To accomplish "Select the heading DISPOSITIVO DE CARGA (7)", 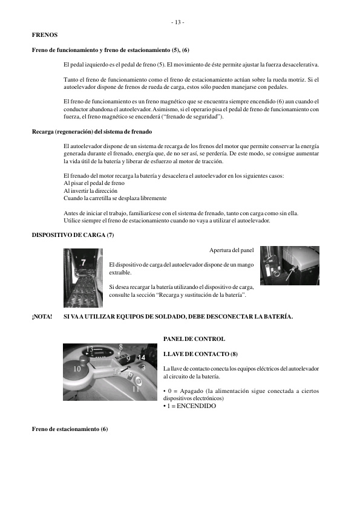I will coord(73,235).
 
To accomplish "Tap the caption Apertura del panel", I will coord(231,250).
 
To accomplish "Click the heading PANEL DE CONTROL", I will coord(194,339).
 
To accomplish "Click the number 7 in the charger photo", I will coord(83,262).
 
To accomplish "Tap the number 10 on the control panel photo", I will coord(77,368).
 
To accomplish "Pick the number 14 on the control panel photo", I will coord(142,357).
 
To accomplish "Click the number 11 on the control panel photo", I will coord(136,389).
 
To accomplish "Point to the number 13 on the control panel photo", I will coord(90,349).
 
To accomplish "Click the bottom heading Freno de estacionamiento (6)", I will coord(70,429).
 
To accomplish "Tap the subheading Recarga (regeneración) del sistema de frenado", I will coord(91,131).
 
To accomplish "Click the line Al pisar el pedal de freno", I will coord(94,183).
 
